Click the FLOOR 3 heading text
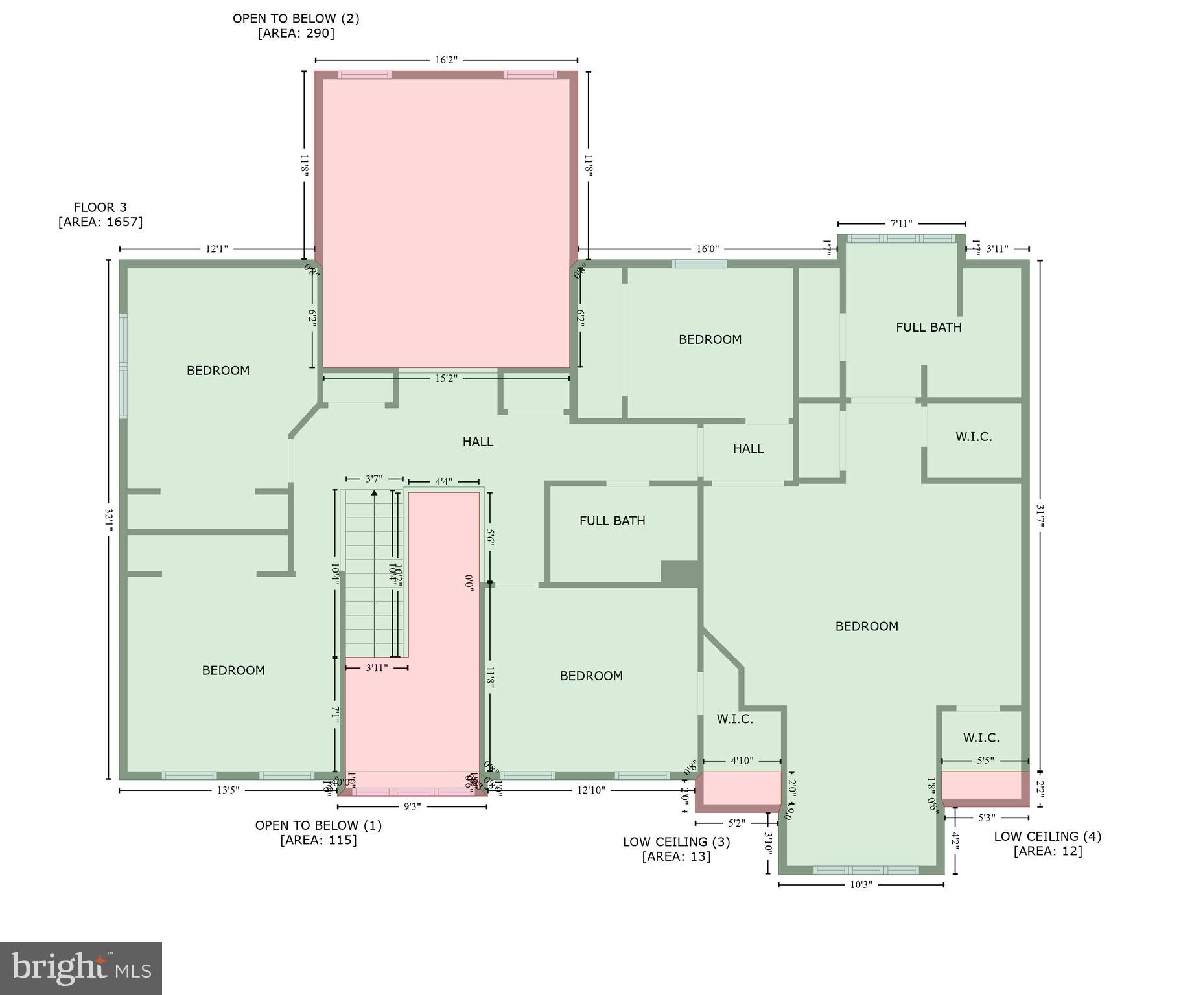[100, 207]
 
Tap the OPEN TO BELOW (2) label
[296, 19]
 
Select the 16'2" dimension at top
[446, 60]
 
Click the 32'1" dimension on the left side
[108, 520]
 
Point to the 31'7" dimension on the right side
[1040, 516]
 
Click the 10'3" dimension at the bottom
[860, 885]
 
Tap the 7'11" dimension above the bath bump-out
[900, 224]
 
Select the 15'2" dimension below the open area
[446, 378]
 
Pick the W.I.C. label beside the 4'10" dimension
[734, 719]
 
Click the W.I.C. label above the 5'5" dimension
[981, 738]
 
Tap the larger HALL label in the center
[478, 442]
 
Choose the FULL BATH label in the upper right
[928, 327]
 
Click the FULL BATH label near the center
[612, 521]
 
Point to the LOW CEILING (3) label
[676, 842]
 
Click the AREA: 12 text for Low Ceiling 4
[1047, 851]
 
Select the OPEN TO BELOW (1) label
[318, 825]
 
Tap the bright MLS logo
[81, 968]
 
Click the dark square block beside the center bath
[679, 573]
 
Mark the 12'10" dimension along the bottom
[590, 790]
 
